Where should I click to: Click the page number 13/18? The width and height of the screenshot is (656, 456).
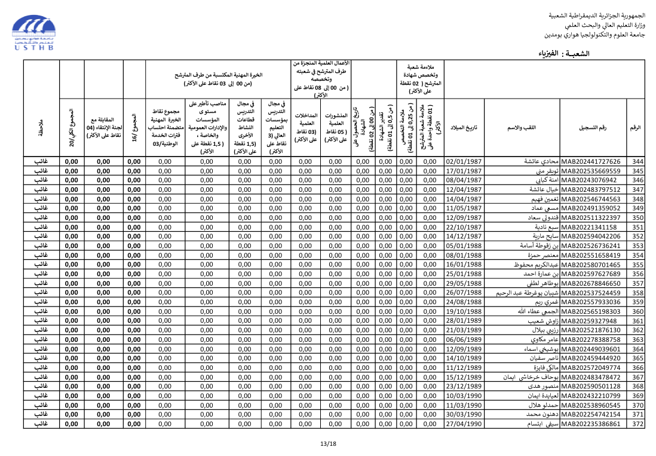pyautogui.click(x=328, y=443)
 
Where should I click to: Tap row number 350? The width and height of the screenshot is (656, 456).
pyautogui.click(x=637, y=218)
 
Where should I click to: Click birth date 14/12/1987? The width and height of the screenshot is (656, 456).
pyautogui.click(x=464, y=237)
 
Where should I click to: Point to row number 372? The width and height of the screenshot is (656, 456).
pyautogui.click(x=637, y=424)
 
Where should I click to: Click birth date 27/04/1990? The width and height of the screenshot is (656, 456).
pyautogui.click(x=464, y=424)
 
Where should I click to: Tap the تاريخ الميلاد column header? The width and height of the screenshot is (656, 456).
pyautogui.click(x=464, y=128)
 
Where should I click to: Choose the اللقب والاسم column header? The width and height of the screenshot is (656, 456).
pyautogui.click(x=522, y=128)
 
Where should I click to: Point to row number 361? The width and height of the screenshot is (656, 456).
pyautogui.click(x=637, y=321)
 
